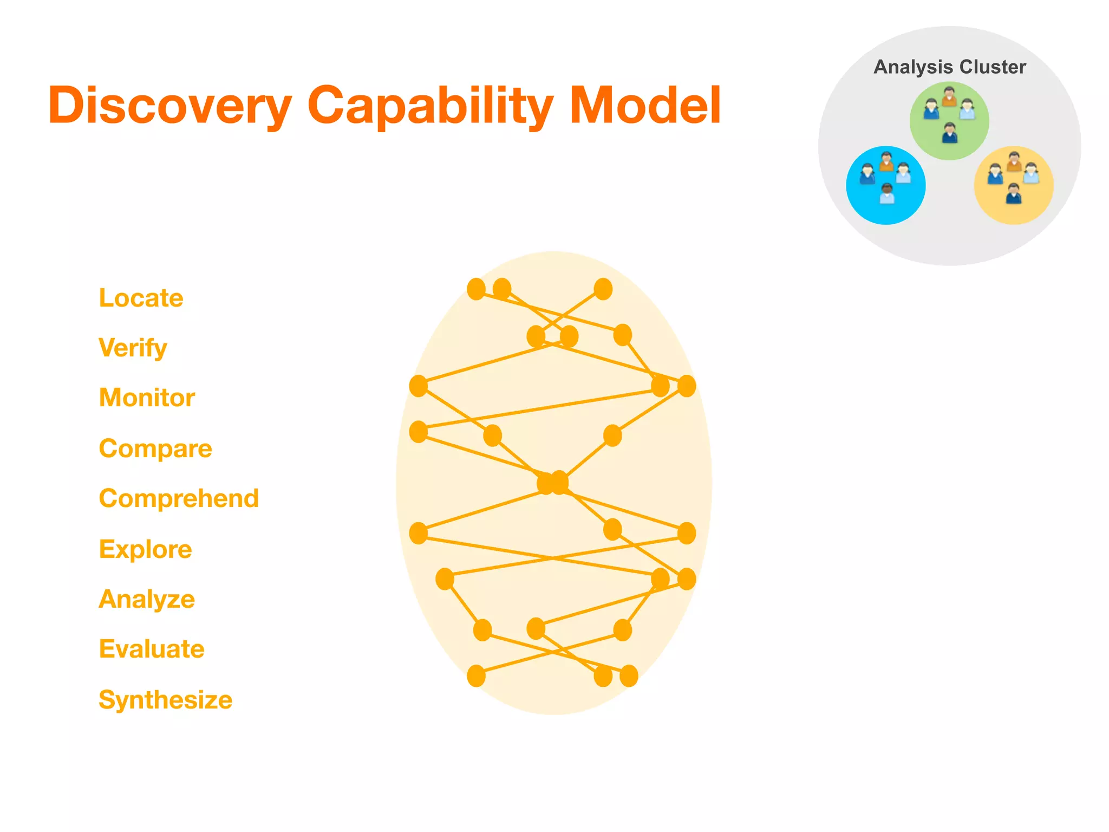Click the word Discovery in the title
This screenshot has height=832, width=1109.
point(169,106)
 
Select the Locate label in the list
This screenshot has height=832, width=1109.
point(141,298)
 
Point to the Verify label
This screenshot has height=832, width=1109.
point(133,348)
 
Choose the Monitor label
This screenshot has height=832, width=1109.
point(147,398)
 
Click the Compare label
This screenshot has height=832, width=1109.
point(155,448)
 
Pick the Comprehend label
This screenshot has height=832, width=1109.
point(179,498)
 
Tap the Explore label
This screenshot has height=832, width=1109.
point(145,549)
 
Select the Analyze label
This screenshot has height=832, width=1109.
point(147,599)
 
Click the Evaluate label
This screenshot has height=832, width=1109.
point(152,649)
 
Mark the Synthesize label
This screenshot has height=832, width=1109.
point(165,700)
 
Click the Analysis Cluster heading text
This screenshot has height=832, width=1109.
point(950,67)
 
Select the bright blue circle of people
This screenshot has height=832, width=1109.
point(886,185)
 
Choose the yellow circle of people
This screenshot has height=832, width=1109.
point(1014,185)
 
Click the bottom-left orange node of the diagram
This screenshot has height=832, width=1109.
point(476,675)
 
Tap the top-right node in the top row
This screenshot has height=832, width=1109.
point(603,289)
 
